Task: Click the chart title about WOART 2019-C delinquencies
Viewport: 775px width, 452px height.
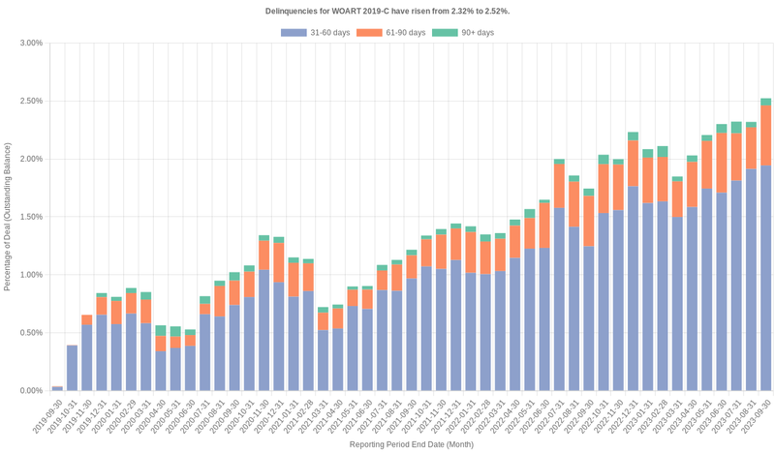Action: pyautogui.click(x=387, y=11)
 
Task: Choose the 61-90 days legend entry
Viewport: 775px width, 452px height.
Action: pyautogui.click(x=391, y=33)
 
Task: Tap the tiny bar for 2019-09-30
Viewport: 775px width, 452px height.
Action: pyautogui.click(x=57, y=388)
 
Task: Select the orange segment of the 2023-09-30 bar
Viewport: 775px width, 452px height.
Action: pyautogui.click(x=765, y=136)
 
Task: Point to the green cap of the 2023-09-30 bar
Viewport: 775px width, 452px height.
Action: pyautogui.click(x=765, y=102)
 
